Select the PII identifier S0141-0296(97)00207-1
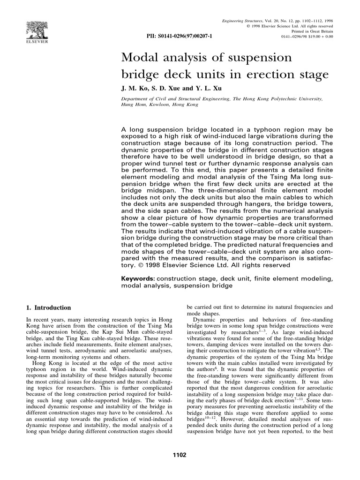coord(180,36)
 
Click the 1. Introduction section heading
coord(48,308)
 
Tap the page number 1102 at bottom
coord(180,455)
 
